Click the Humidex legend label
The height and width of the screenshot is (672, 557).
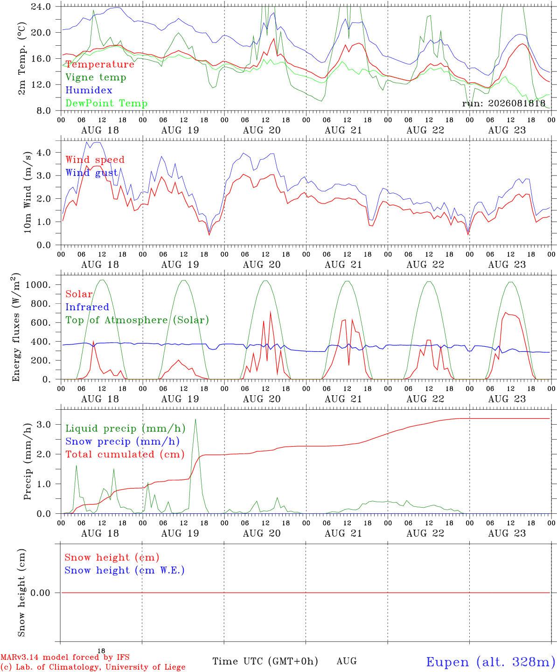tap(89, 90)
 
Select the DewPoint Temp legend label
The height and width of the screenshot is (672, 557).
tap(106, 103)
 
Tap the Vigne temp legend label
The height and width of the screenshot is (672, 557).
tap(96, 77)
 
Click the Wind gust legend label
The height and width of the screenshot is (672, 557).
tap(92, 173)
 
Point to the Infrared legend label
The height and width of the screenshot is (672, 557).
tap(87, 307)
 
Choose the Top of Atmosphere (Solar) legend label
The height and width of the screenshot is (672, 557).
tap(138, 320)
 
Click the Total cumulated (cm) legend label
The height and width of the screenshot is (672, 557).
tap(125, 455)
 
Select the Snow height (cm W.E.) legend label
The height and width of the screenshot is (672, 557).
tap(125, 570)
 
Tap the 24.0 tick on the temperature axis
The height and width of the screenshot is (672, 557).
tap(41, 7)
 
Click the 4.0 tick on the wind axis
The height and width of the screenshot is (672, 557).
tap(44, 152)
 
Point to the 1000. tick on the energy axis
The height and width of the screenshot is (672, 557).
tap(38, 285)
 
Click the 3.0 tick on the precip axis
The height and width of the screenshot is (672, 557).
tap(44, 425)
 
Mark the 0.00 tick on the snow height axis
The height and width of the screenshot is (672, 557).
tap(40, 593)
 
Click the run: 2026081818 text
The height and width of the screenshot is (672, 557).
tap(504, 103)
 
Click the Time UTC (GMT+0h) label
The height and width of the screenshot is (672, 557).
tap(265, 661)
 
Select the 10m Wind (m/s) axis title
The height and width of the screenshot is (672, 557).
tap(28, 192)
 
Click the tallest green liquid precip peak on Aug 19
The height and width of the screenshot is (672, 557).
tap(195, 419)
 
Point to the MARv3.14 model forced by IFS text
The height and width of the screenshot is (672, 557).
tap(65, 657)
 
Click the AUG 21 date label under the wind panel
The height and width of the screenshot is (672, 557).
tap(343, 265)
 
